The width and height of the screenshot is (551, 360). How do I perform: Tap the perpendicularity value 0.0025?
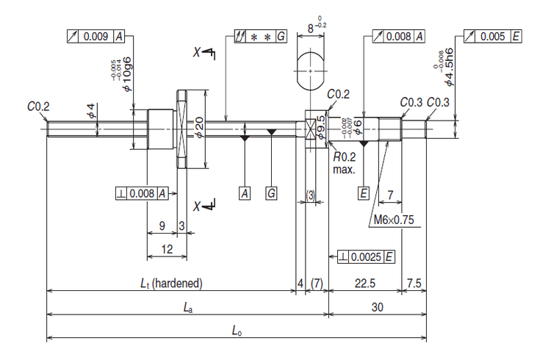(367, 256)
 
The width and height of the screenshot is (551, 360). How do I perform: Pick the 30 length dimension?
(377, 308)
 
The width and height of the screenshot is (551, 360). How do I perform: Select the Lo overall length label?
(237, 332)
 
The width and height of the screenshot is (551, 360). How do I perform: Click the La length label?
(188, 308)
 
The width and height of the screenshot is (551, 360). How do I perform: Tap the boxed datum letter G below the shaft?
(272, 193)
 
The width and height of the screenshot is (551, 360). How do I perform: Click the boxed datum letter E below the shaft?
(364, 193)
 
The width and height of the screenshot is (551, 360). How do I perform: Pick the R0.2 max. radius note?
(344, 162)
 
